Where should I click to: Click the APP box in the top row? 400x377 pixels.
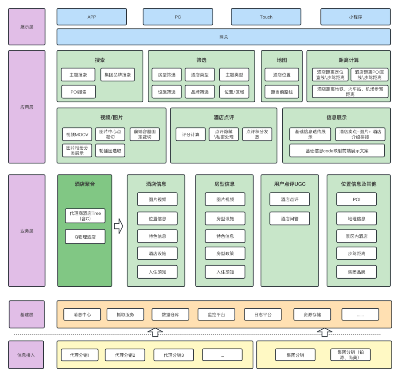[x=91, y=17]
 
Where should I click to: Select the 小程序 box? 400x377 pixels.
[x=355, y=17]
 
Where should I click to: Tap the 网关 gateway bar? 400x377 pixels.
[x=224, y=37]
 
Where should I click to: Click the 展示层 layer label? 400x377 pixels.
[x=27, y=27]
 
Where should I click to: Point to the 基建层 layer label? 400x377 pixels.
[x=27, y=315]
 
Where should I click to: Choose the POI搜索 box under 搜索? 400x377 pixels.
[x=79, y=92]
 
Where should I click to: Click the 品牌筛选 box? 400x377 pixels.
[x=200, y=92]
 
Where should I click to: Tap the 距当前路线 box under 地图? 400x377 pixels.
[x=282, y=92]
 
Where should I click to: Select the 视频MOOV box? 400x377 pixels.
[x=77, y=135]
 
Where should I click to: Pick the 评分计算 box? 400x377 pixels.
[x=190, y=135]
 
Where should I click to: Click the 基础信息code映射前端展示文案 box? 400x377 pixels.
[x=337, y=151]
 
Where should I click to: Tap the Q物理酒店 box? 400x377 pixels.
[x=85, y=237]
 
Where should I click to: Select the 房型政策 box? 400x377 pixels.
[x=225, y=254]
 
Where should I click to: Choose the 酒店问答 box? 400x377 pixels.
[x=290, y=218]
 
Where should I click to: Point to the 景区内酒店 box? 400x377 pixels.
[x=357, y=236]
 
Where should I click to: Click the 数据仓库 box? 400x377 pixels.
[x=170, y=315]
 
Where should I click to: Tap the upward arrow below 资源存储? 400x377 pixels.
[x=325, y=332]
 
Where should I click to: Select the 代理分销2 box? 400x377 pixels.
[x=125, y=355]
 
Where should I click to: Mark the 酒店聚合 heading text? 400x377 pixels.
[x=85, y=184]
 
